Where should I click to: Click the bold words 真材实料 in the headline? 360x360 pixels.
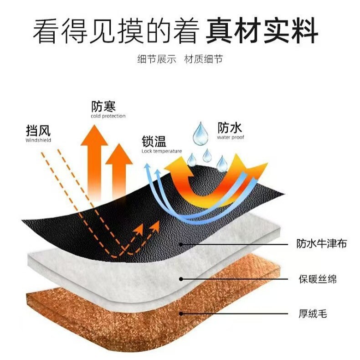pyautogui.click(x=262, y=31)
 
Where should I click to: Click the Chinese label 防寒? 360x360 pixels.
pyautogui.click(x=103, y=107)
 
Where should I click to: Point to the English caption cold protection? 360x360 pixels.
pyautogui.click(x=108, y=117)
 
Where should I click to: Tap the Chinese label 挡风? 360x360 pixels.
pyautogui.click(x=38, y=131)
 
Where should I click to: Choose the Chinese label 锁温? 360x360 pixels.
pyautogui.click(x=154, y=142)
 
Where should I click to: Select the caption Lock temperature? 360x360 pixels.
pyautogui.click(x=161, y=151)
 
